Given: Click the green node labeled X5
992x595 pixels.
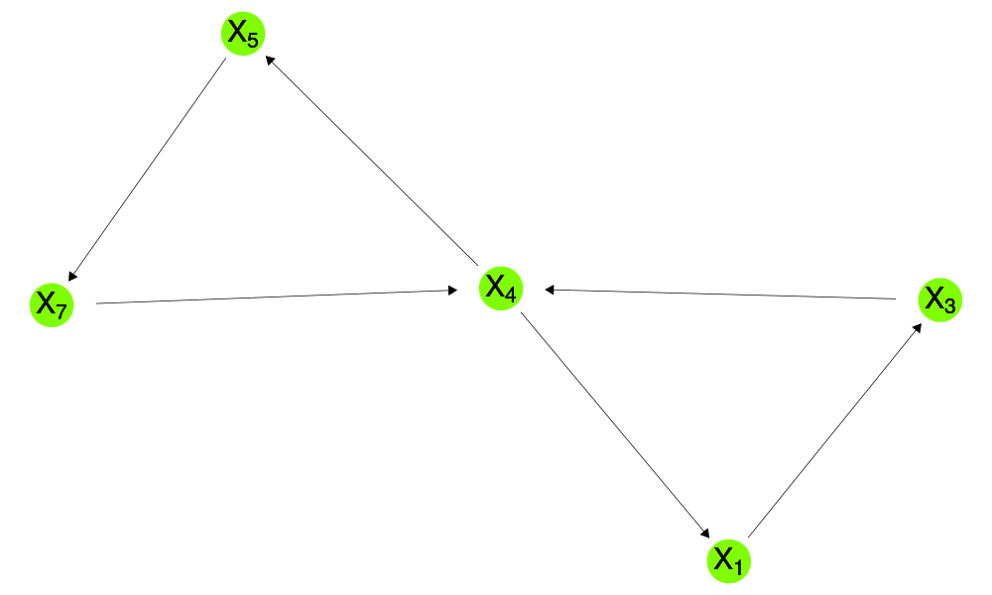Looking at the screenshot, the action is (x=243, y=34).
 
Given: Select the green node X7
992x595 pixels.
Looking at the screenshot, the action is (x=52, y=305).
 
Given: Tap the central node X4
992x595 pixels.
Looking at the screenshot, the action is (x=501, y=289).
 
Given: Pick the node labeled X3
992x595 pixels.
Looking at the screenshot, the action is (x=940, y=299).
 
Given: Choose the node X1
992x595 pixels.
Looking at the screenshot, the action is (x=729, y=561).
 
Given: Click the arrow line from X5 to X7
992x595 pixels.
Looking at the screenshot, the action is (x=147, y=170).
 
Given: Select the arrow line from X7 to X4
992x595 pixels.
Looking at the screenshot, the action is (x=277, y=297).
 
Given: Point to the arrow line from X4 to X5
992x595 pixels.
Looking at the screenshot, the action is (x=371, y=161).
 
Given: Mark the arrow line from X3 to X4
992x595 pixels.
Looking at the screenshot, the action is (x=720, y=294).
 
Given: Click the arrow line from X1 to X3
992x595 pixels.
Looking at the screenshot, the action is (x=834, y=430).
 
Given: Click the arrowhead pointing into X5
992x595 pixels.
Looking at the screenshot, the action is (x=270, y=60).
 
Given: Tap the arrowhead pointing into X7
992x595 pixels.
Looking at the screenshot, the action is (x=72, y=276).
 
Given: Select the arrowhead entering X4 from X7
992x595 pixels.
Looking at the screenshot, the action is (x=452, y=291).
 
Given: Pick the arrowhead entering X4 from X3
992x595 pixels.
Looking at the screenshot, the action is (x=550, y=290).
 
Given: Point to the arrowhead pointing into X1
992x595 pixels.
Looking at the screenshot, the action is (x=705, y=534).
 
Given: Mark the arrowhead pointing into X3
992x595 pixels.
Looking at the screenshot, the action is (x=918, y=328).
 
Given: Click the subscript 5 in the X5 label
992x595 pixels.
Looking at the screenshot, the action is (x=253, y=41).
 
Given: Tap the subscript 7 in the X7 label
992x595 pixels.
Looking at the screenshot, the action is (x=62, y=311).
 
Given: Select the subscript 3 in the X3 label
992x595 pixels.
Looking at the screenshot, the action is (x=949, y=306).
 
